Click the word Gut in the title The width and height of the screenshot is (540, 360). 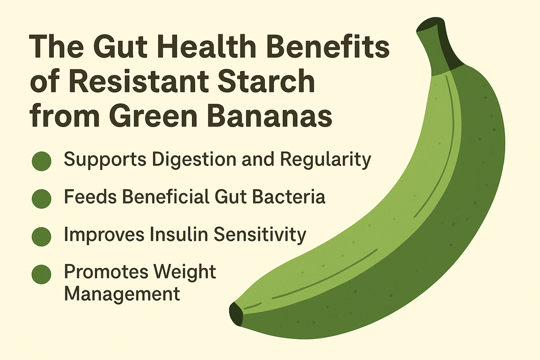pos(108,50)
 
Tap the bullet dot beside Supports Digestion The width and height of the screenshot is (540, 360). pos(42,161)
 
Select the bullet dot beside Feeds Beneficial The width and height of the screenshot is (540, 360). pos(42,198)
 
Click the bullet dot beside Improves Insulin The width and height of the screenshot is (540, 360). pos(42,236)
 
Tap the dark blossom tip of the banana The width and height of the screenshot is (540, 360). pos(236,315)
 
